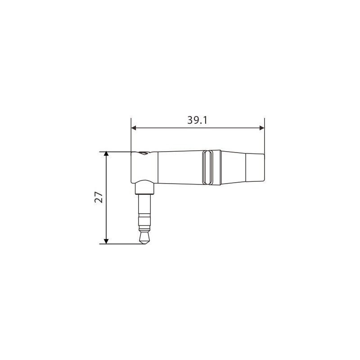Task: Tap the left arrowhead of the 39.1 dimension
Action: [x=134, y=128]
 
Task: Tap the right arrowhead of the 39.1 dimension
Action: [x=261, y=128]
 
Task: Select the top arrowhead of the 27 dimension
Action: [x=106, y=154]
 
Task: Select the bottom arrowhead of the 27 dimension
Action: [x=106, y=241]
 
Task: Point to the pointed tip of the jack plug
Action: [x=144, y=243]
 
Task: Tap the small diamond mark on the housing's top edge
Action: [x=143, y=153]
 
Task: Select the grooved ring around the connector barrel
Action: [x=207, y=167]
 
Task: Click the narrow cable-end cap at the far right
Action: [x=255, y=167]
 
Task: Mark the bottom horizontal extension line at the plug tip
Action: [x=121, y=244]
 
